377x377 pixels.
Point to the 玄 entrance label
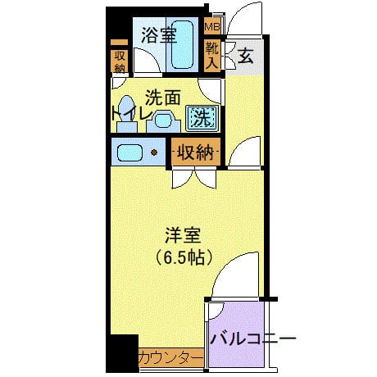(x=245, y=57)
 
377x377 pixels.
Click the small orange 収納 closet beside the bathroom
(x=120, y=60)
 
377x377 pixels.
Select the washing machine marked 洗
(x=201, y=117)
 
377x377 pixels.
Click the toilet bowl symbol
(x=127, y=117)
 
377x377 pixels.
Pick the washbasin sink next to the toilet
(x=164, y=120)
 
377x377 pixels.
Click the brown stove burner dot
(x=153, y=152)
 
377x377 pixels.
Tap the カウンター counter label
(x=170, y=357)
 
